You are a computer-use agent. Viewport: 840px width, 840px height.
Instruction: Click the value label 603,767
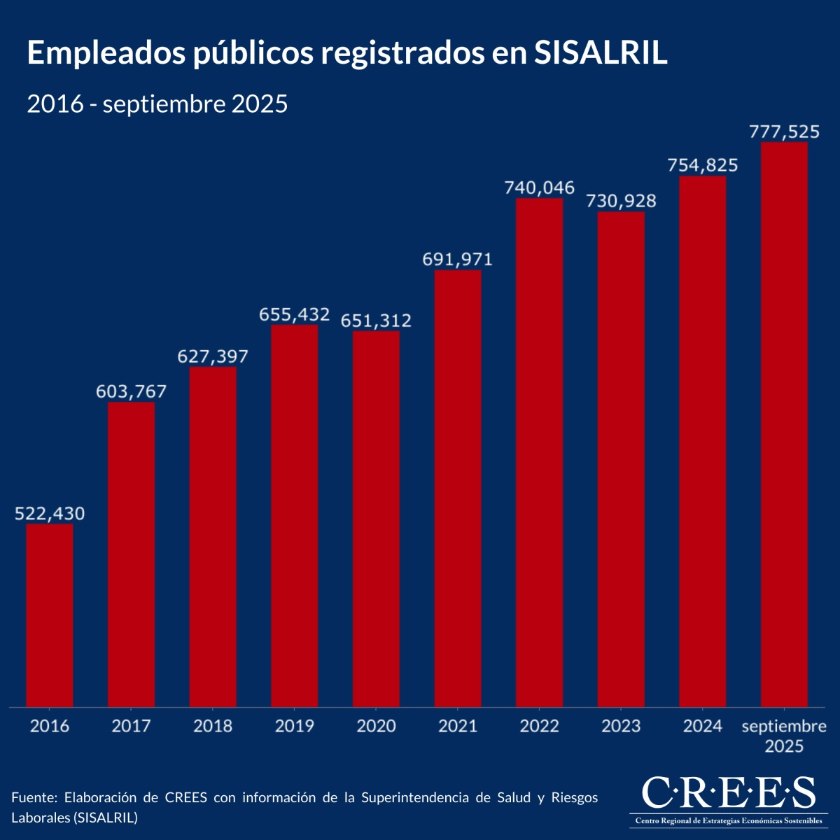(x=132, y=391)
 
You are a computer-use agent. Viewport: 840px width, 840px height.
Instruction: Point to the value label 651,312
(x=376, y=321)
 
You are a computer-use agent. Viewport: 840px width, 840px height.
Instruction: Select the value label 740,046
(x=539, y=188)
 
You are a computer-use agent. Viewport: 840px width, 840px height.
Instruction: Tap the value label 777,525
(x=784, y=131)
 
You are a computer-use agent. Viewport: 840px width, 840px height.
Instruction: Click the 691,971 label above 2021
(x=458, y=259)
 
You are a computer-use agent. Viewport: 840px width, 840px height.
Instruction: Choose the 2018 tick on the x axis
(x=213, y=726)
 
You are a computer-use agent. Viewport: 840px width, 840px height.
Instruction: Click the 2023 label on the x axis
(x=621, y=726)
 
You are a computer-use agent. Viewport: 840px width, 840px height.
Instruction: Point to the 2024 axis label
(x=703, y=726)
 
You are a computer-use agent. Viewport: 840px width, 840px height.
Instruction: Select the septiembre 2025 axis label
(x=784, y=736)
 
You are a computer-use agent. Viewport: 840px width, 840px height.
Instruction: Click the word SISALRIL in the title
(x=601, y=54)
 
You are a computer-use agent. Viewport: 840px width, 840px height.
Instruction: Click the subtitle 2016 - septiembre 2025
(x=157, y=104)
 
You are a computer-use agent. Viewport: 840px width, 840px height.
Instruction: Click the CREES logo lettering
(x=728, y=792)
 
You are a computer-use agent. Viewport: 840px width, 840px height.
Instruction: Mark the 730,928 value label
(x=621, y=201)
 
